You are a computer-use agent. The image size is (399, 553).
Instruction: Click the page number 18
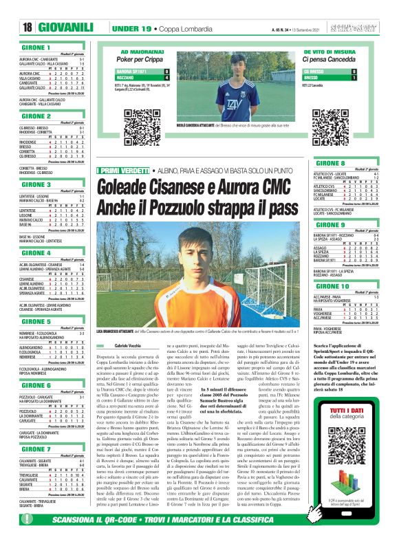28,27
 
